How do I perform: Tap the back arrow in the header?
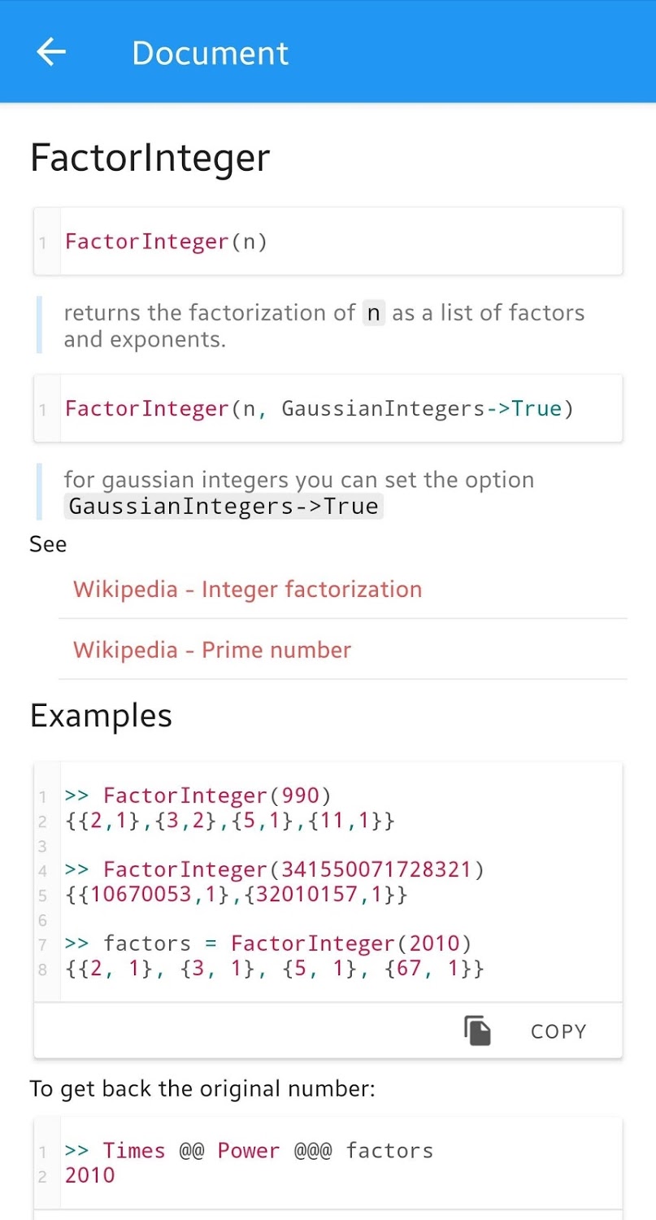tap(51, 52)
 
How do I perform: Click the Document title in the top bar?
tap(210, 54)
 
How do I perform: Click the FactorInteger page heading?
tap(150, 158)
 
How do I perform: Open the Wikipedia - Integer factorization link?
tap(247, 589)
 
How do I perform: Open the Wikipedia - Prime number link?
tap(211, 649)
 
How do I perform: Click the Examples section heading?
tap(101, 716)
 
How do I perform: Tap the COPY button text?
tap(558, 1031)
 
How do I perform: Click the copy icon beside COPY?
tap(478, 1030)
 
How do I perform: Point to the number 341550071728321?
tap(376, 869)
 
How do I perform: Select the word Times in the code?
tap(134, 1151)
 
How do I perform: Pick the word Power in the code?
tap(249, 1151)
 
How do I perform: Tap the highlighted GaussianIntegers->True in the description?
tap(224, 507)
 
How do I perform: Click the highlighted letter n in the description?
tap(374, 313)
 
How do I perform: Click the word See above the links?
tap(48, 544)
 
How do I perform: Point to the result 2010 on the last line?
tap(90, 1175)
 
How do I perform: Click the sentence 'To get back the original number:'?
tap(202, 1088)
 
